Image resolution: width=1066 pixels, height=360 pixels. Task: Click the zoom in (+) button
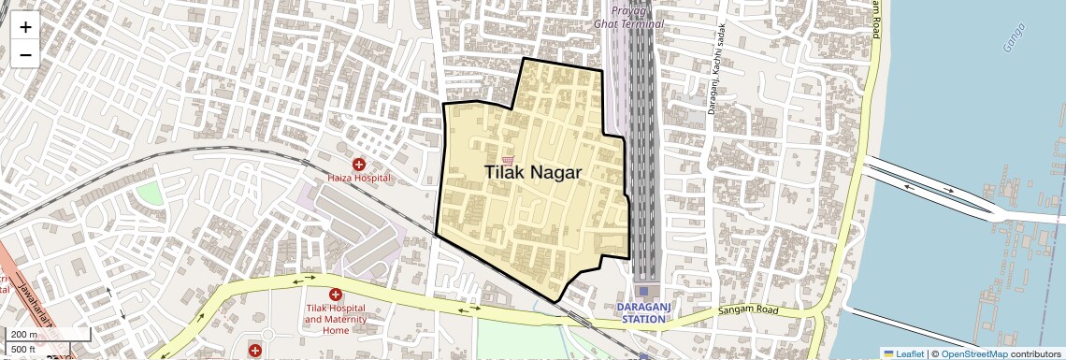(25, 26)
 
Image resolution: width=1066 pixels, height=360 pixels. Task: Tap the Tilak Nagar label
(533, 172)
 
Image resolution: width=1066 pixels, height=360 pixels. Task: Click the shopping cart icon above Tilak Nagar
(508, 160)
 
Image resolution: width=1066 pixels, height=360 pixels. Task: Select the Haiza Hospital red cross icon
(358, 165)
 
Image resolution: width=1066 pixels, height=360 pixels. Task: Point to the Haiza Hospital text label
(358, 178)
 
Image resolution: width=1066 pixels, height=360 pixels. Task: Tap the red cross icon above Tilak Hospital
(335, 295)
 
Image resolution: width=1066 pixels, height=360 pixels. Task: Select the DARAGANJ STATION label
(643, 312)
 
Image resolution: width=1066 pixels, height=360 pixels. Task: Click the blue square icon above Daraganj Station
(643, 291)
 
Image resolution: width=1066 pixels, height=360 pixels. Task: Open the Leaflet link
(903, 353)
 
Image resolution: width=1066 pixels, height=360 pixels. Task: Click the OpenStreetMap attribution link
(973, 353)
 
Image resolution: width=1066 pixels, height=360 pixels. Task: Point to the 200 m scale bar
(25, 335)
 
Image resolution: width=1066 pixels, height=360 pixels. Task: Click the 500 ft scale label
(23, 350)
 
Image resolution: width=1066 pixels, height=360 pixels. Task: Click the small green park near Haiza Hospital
(150, 194)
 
